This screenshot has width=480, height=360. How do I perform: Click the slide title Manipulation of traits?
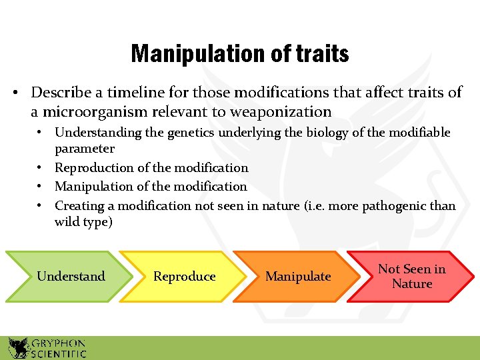240,53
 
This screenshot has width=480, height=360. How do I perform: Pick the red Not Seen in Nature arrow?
411,276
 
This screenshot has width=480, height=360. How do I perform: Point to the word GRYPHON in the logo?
58,341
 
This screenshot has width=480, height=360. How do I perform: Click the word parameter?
85,148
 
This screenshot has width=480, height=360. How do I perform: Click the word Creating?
79,206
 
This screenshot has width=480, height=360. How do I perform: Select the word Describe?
61,92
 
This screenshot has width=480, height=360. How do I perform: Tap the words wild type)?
84,222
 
